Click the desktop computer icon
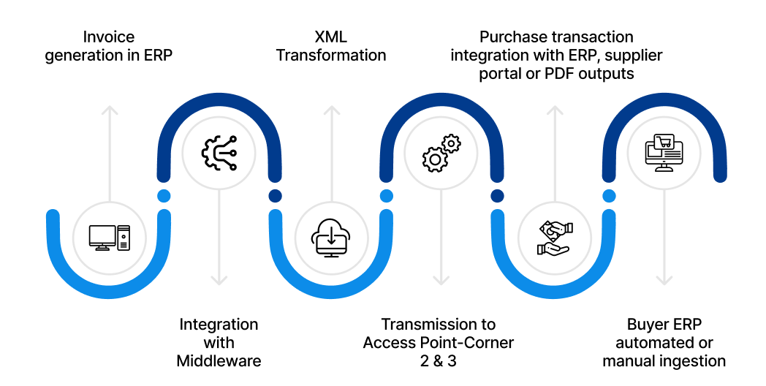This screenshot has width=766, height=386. click(x=109, y=237)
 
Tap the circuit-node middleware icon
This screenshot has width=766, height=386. click(x=219, y=151)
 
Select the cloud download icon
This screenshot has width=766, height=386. click(x=331, y=237)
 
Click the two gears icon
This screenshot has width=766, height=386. click(x=441, y=151)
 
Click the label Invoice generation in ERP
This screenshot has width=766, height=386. click(x=109, y=46)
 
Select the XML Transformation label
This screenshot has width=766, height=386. click(x=331, y=46)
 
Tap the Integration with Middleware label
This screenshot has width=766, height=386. click(x=219, y=342)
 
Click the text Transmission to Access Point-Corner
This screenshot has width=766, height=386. click(x=439, y=333)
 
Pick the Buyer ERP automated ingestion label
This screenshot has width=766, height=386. click(x=664, y=342)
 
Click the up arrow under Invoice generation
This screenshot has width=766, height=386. click(x=109, y=146)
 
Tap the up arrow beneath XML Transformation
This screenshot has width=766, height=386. click(x=331, y=146)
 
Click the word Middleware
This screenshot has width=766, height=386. click(x=219, y=360)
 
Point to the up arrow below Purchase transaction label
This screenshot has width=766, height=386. click(x=554, y=146)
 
